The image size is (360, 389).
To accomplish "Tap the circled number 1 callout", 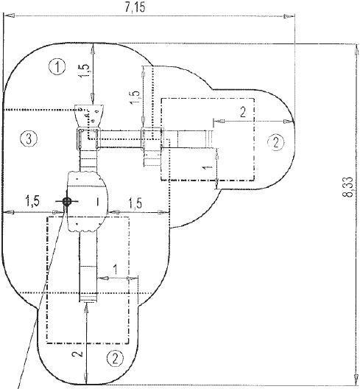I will pyautogui.click(x=57, y=67).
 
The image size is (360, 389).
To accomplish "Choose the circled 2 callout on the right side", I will pyautogui.click(x=274, y=141).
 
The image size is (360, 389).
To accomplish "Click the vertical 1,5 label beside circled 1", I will pyautogui.click(x=85, y=71).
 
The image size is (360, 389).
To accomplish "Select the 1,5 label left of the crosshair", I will pyautogui.click(x=32, y=200).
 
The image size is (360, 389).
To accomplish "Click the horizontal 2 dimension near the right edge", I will pyautogui.click(x=242, y=111).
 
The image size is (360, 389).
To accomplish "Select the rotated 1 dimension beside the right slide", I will pyautogui.click(x=207, y=169).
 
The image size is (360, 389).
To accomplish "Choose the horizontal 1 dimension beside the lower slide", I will pyautogui.click(x=115, y=270).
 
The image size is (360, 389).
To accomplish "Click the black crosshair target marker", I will pyautogui.click(x=67, y=202).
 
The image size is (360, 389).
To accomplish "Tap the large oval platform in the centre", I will pyautogui.click(x=88, y=200).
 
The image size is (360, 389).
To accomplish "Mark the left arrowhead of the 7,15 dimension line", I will pyautogui.click(x=7, y=19).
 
